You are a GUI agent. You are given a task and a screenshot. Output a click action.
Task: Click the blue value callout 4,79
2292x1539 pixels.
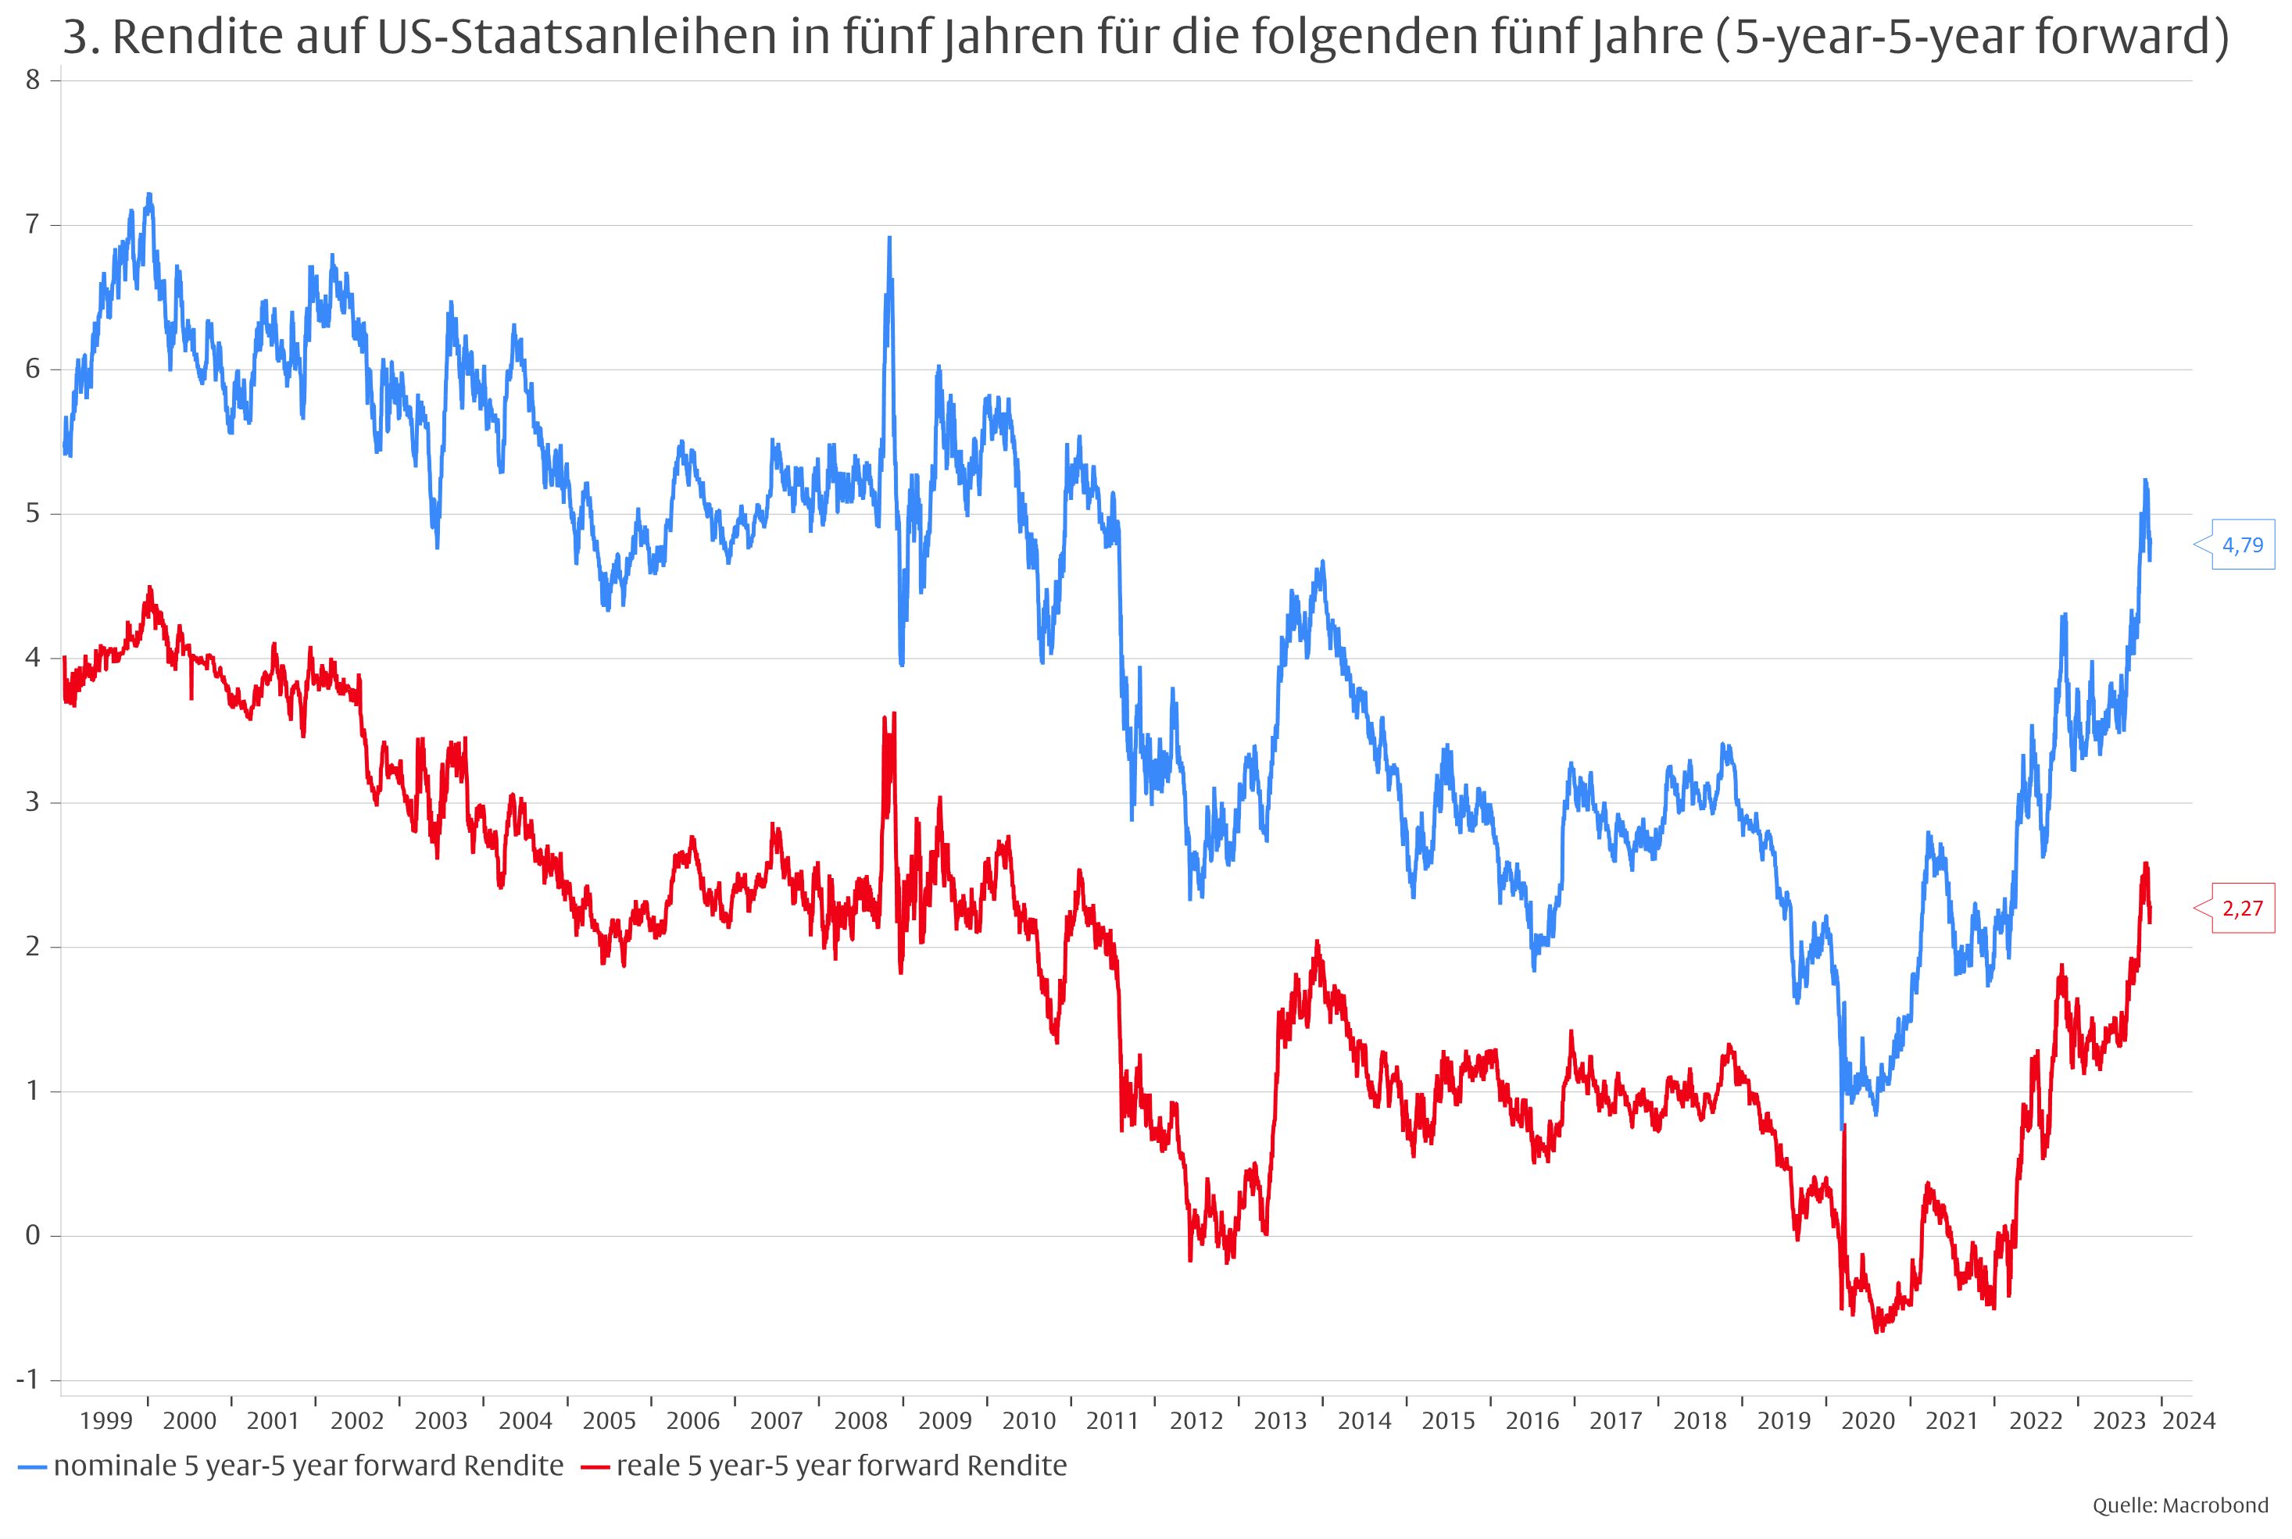(x=2242, y=545)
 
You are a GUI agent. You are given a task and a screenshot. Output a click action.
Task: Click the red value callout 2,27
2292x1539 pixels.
(x=2242, y=908)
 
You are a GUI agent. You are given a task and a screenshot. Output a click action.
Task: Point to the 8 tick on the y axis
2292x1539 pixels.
(x=32, y=80)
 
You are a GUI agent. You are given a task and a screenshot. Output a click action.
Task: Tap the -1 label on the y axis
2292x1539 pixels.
(x=27, y=1379)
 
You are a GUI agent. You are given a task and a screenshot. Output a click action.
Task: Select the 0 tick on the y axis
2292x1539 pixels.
(x=32, y=1235)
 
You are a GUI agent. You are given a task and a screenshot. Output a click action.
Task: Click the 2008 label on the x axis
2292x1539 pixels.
(x=861, y=1420)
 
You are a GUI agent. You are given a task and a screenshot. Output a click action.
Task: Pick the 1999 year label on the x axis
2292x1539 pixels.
(x=106, y=1420)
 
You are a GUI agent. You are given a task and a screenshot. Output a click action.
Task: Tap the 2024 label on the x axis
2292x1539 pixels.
(x=2189, y=1420)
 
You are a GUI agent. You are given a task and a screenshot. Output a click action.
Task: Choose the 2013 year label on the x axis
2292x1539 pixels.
(x=1280, y=1420)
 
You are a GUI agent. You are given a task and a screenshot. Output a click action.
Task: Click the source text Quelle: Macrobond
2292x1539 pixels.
(x=2180, y=1505)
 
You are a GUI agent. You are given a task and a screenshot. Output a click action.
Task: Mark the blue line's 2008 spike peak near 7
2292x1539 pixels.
(x=889, y=237)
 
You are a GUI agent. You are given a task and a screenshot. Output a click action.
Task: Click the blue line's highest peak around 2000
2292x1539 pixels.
(x=148, y=195)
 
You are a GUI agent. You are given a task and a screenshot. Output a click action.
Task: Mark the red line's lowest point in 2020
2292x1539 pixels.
(x=1877, y=1331)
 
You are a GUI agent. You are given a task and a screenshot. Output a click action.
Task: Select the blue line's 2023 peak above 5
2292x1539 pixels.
(x=2146, y=480)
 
